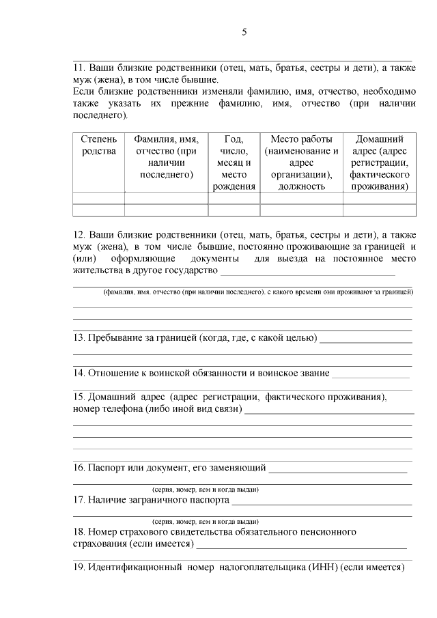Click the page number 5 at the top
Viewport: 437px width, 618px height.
[x=244, y=32]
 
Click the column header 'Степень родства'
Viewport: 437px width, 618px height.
[x=98, y=145]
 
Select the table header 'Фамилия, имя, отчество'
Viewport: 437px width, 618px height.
[x=166, y=156]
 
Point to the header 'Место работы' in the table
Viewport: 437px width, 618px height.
[x=300, y=139]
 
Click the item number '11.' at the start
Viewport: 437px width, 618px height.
[x=79, y=68]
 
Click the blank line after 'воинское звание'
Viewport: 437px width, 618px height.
[x=371, y=374]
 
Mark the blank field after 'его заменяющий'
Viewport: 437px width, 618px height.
[x=339, y=469]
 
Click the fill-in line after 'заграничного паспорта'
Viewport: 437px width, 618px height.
[x=322, y=502]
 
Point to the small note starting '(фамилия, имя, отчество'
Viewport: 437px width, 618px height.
[x=258, y=292]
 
